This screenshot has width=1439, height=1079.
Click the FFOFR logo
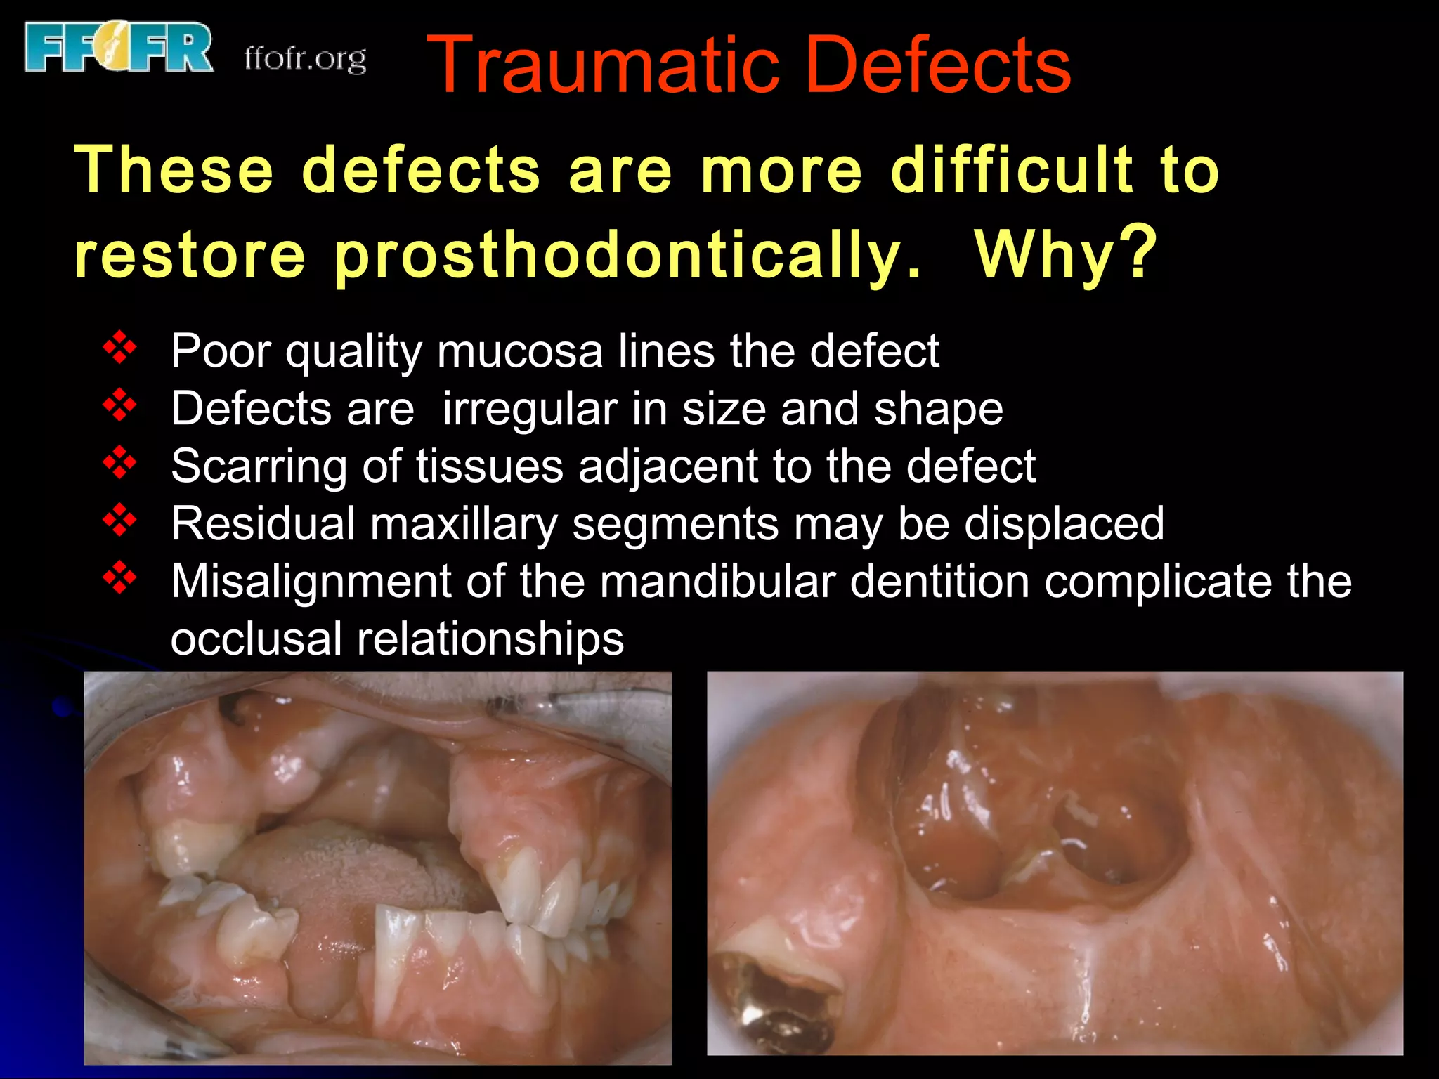point(118,48)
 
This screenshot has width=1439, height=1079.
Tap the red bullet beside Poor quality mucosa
point(120,348)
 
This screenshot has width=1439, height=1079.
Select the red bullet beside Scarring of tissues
point(120,463)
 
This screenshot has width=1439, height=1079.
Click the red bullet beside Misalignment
point(120,578)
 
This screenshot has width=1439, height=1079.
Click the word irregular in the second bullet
point(529,408)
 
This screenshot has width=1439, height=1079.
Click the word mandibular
point(717,582)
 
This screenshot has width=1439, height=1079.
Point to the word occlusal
point(256,639)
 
